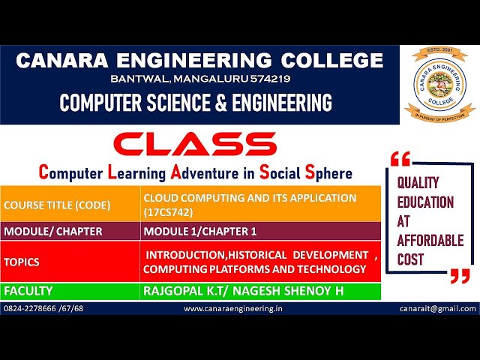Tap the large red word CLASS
click(195, 144)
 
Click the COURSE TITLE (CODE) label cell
click(54, 205)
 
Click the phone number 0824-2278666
click(33, 308)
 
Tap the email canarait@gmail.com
click(438, 308)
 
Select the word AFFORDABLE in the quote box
click(430, 241)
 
